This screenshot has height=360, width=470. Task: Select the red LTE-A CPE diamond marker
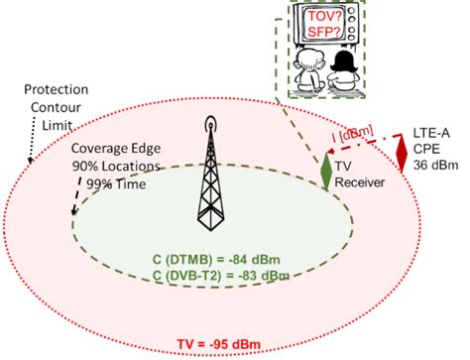tap(402, 149)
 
